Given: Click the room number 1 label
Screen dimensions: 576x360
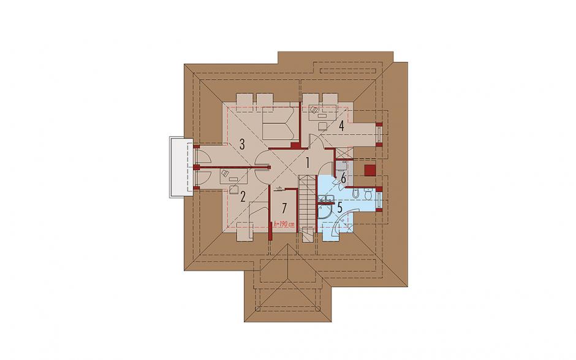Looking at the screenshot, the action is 308,161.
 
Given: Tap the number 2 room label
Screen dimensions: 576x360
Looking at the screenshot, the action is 243,197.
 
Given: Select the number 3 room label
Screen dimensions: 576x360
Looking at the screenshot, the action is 241,144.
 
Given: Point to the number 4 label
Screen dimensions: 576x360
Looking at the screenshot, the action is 341,126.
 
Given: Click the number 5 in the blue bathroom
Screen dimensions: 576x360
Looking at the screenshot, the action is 340,207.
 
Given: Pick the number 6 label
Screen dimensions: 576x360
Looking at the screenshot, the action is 344,178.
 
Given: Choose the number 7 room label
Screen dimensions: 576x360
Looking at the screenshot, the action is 284,209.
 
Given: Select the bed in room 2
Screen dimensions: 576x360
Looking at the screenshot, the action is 259,216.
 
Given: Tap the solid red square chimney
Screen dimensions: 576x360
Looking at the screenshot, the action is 370,170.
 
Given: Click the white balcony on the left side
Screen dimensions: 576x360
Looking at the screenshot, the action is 181,167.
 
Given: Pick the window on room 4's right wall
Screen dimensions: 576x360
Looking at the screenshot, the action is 379,134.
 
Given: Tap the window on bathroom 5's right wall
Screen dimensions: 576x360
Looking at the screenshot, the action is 379,199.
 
